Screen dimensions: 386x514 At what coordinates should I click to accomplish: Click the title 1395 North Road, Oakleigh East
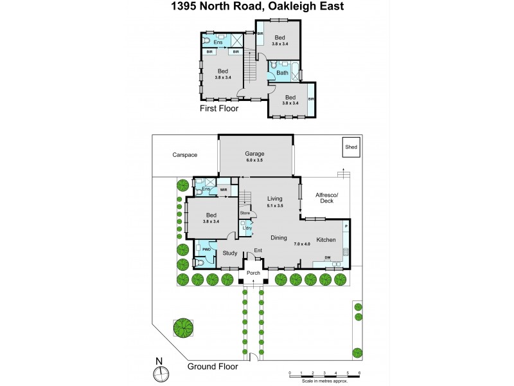256,6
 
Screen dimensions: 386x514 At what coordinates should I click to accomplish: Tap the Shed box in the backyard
351,147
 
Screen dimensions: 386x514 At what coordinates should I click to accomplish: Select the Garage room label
256,154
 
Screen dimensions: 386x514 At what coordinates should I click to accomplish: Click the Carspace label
184,155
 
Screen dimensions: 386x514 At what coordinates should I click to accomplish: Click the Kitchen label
326,239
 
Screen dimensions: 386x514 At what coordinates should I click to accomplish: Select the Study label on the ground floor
230,253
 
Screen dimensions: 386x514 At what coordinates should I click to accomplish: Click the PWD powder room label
207,248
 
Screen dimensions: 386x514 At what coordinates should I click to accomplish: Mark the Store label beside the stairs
245,212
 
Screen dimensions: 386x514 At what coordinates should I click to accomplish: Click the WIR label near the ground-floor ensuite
224,190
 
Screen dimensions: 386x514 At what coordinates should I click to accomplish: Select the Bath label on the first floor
282,73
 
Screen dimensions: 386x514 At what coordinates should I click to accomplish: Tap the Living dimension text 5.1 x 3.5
276,205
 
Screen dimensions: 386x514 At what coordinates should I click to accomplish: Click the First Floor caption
219,109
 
